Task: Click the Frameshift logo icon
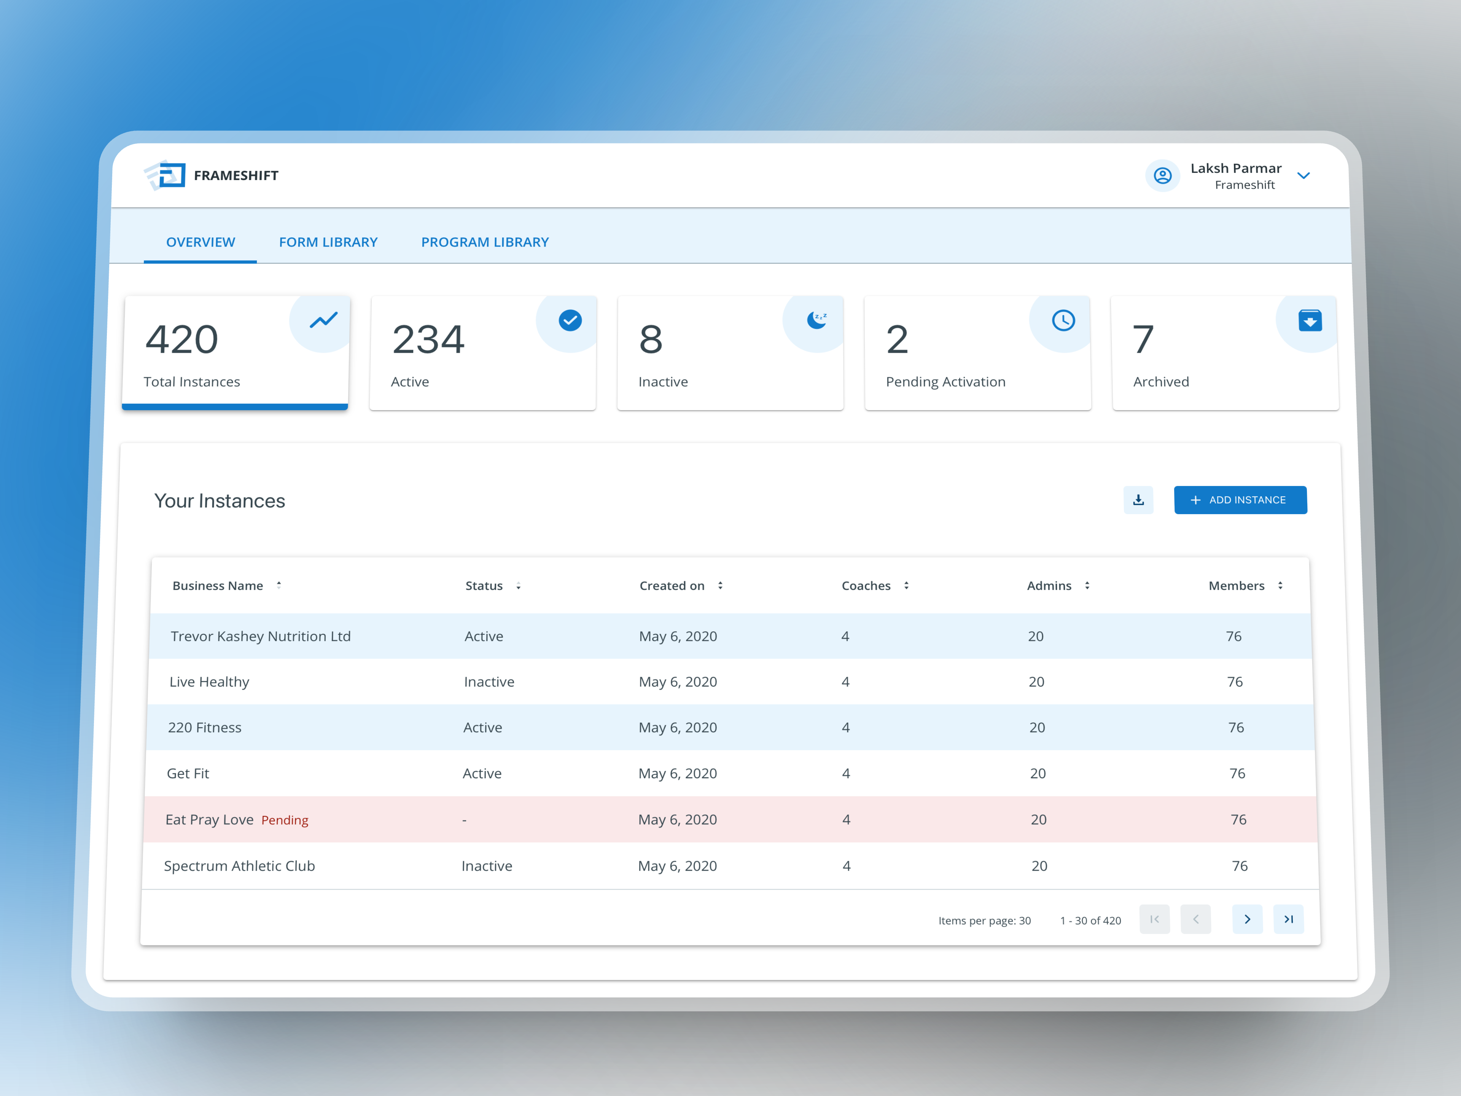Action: (x=165, y=175)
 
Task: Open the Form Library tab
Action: (x=328, y=242)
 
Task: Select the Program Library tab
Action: (x=485, y=242)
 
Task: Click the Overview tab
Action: (x=200, y=242)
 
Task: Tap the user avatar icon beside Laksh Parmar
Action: (x=1162, y=176)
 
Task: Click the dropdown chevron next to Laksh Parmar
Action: (x=1303, y=176)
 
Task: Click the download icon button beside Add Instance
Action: (x=1138, y=500)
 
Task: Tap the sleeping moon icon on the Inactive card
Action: (x=816, y=320)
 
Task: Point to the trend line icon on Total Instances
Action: (x=324, y=320)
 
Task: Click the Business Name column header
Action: (x=218, y=586)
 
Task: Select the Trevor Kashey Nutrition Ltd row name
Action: (x=260, y=636)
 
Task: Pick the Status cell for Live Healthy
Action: (x=489, y=682)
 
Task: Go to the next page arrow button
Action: (x=1247, y=919)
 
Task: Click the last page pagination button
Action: (x=1288, y=919)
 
